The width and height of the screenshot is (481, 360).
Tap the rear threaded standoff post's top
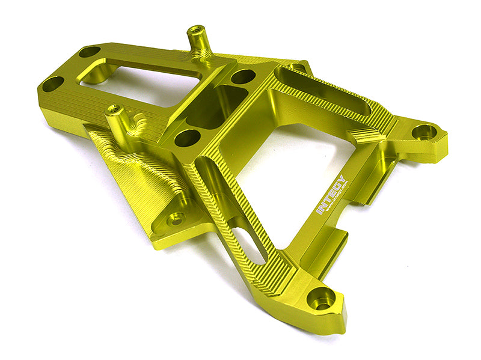196,30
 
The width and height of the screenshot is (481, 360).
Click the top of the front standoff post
114,109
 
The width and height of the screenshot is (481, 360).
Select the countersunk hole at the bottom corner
321,297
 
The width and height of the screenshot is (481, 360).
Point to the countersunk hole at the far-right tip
424,132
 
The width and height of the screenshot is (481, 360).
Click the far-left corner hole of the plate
53,84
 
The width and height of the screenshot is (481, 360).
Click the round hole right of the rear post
243,76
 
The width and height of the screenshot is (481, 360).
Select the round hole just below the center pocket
187,138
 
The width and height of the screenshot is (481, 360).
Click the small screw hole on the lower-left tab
176,219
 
